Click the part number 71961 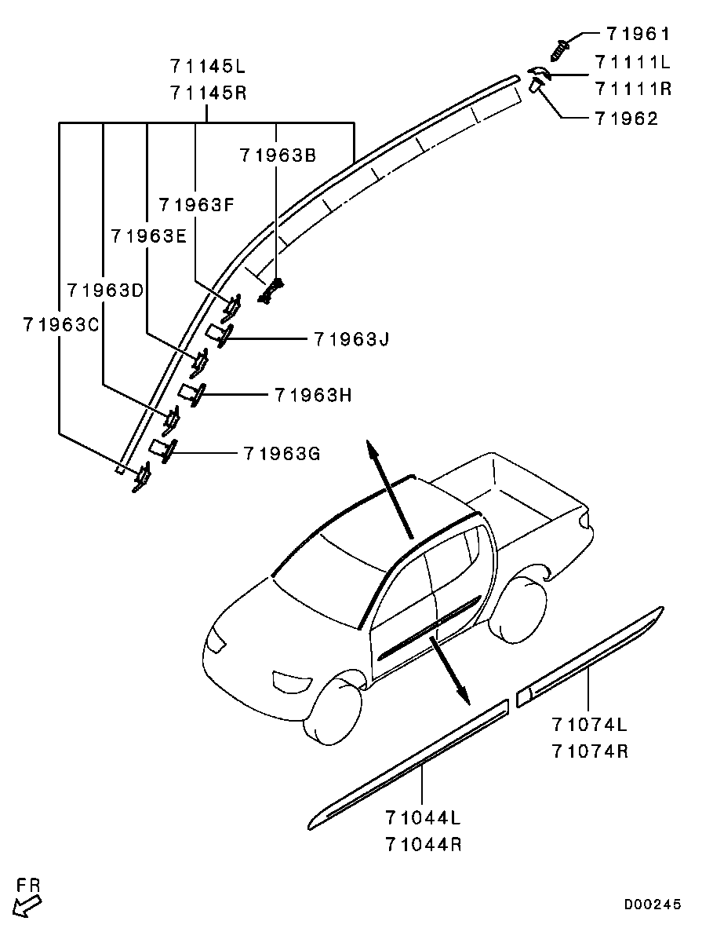638,34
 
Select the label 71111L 633,61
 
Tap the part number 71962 626,119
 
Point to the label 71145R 208,93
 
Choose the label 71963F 196,205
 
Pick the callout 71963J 351,339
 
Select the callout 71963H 312,395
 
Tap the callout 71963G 281,453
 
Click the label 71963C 60,324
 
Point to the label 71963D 105,290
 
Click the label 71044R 423,845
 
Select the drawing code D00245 653,905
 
